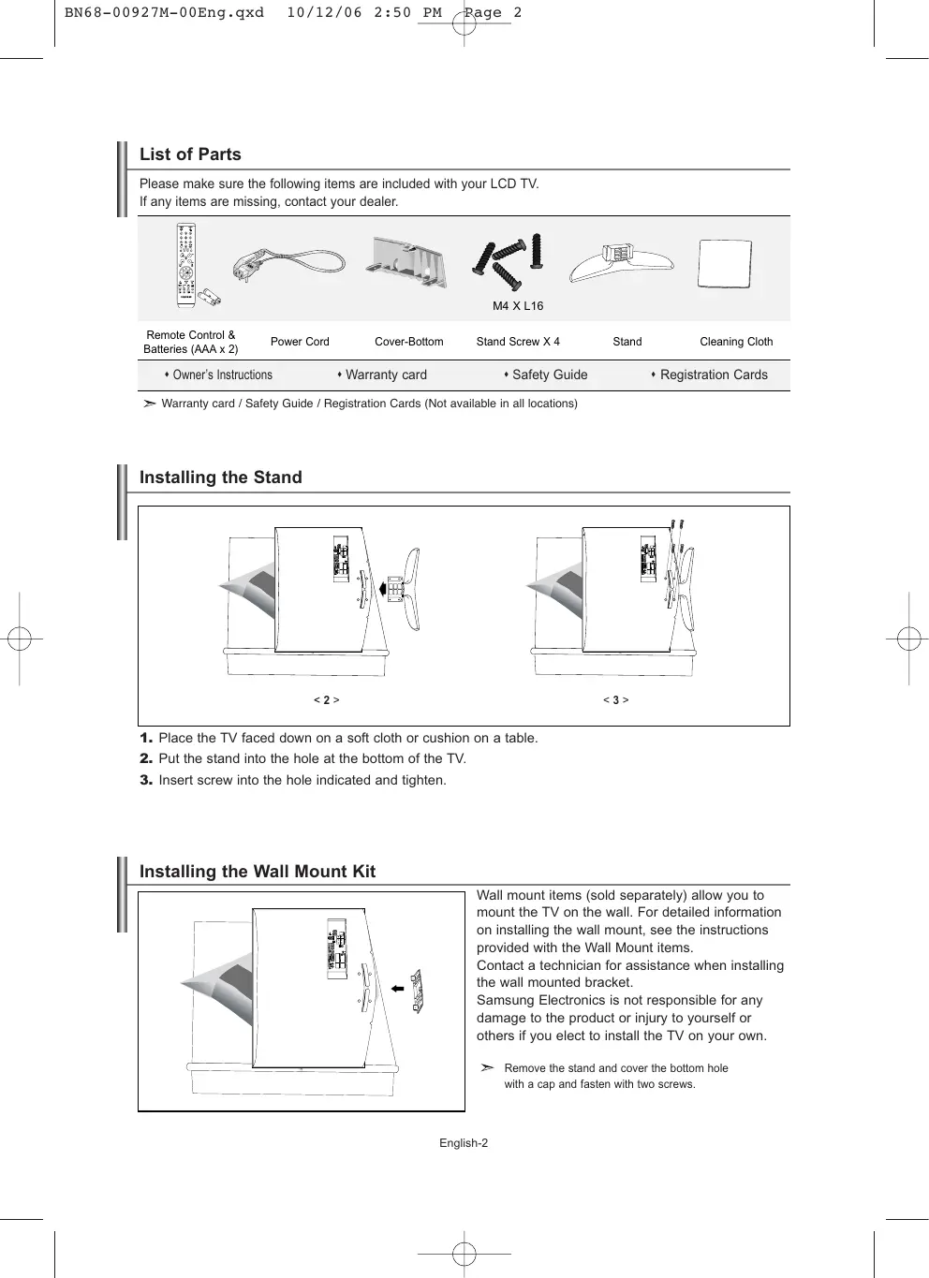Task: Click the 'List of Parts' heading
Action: tap(190, 154)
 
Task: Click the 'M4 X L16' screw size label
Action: tap(518, 306)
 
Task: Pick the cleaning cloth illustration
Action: tap(725, 265)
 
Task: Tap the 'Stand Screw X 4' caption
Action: tap(518, 342)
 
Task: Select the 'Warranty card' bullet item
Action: tap(385, 375)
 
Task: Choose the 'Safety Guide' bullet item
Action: tap(549, 375)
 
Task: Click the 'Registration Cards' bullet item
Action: tap(713, 375)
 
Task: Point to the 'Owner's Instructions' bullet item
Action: tap(222, 375)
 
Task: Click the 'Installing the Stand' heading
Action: tap(221, 477)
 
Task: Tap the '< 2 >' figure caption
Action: tap(326, 699)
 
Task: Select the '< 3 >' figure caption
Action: tap(615, 699)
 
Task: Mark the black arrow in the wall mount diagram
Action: tap(398, 988)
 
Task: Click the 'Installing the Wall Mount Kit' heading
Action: tap(258, 872)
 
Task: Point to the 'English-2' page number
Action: tap(464, 1143)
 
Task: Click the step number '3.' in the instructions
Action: tap(146, 780)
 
